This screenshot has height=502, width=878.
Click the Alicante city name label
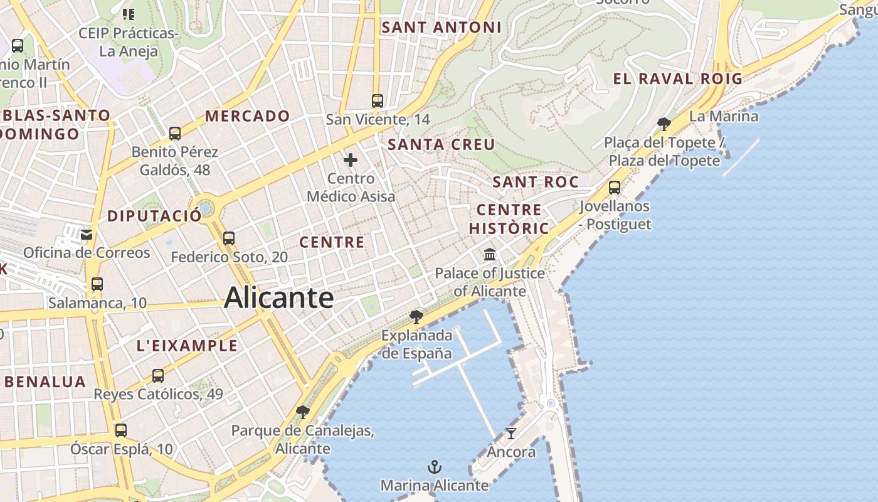[278, 297]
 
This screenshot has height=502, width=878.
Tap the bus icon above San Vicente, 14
[378, 100]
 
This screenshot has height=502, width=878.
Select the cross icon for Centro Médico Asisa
[351, 160]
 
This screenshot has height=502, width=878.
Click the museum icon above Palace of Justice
[490, 255]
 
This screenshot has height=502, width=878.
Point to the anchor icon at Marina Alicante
[434, 467]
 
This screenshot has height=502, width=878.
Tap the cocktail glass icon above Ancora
[511, 433]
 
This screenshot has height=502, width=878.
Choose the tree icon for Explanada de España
[415, 316]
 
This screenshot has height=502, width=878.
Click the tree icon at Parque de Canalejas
[302, 412]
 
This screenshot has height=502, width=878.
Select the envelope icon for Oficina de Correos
[87, 234]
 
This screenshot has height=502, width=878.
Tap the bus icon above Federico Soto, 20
[229, 238]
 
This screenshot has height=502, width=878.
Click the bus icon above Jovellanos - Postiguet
[615, 187]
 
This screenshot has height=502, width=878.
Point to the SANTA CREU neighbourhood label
[441, 144]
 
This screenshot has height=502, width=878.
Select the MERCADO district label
[247, 116]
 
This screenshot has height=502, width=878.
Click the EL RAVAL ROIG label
[677, 79]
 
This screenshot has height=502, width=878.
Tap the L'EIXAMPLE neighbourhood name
[187, 346]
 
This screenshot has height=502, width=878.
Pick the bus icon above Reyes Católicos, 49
[158, 376]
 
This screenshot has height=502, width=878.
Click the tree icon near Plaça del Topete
[664, 124]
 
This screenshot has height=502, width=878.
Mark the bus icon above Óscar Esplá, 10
[121, 430]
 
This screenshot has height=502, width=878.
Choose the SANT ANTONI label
[442, 28]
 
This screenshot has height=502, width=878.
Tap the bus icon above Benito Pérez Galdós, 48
[175, 133]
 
